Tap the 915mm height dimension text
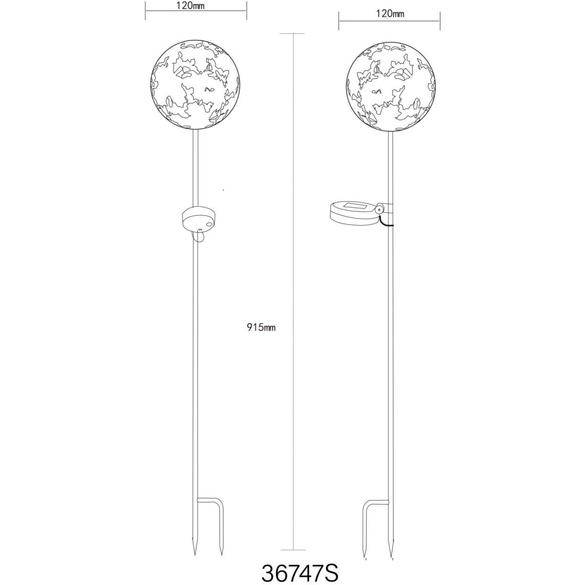click(261, 328)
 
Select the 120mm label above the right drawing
click(390, 14)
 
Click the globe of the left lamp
click(195, 86)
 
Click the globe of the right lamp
click(391, 86)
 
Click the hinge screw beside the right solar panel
click(379, 209)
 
